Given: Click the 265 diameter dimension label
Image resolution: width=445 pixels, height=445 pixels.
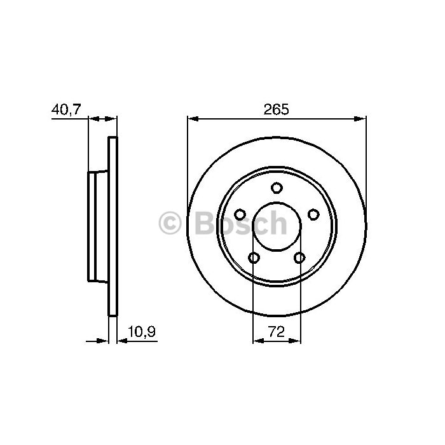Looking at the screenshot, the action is click(x=276, y=109).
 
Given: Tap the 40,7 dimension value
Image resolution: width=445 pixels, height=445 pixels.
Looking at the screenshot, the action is click(x=66, y=109).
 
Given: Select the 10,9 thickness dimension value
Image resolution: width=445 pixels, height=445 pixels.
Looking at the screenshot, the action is click(x=142, y=331).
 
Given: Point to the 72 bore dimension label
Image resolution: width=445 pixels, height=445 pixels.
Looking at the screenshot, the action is click(x=276, y=331).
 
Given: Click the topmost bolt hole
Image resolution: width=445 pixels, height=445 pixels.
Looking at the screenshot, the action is click(x=277, y=188).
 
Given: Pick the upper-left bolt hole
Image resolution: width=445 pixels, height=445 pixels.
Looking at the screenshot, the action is click(x=240, y=214).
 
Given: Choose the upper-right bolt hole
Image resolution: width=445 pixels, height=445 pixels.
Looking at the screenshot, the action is click(x=313, y=214).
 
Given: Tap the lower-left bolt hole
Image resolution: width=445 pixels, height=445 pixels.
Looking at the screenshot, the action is click(x=254, y=257).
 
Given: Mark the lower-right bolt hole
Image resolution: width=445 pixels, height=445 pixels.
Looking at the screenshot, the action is click(x=299, y=257).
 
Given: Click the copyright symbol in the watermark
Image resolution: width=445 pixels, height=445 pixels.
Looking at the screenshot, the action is click(x=170, y=222).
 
